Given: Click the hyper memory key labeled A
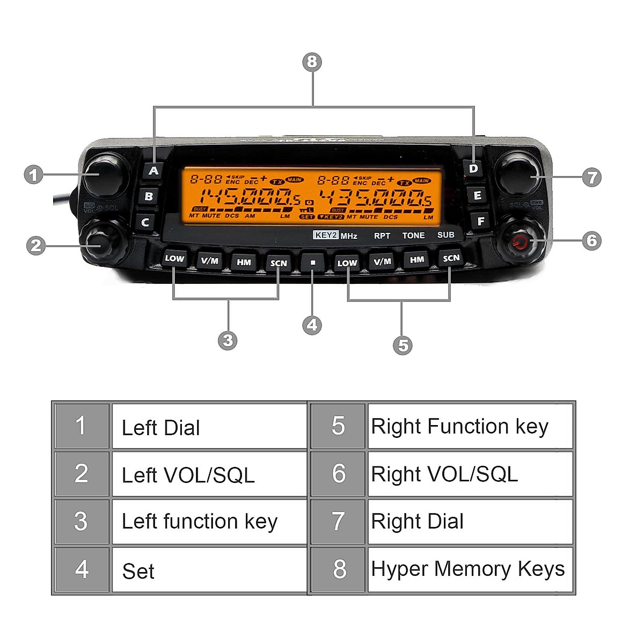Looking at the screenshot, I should tap(153, 171).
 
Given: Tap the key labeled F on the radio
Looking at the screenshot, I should tap(480, 221).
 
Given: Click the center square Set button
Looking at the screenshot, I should tap(313, 263).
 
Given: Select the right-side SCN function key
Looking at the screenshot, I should tap(451, 258).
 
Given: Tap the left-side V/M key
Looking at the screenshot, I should tap(209, 261).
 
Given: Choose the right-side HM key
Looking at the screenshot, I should tap(417, 260).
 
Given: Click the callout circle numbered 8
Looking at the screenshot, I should tap(312, 62).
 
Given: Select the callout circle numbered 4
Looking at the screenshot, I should tap(312, 325).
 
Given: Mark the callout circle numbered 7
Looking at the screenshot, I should tap(591, 177).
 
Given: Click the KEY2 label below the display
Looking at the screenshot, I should tap(326, 235).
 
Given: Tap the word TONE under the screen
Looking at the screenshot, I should tap(413, 236).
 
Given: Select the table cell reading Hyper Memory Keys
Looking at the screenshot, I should tap(468, 569).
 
